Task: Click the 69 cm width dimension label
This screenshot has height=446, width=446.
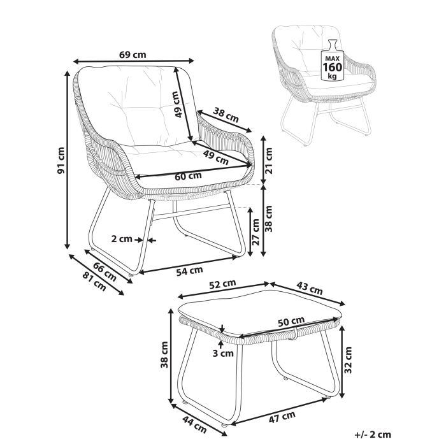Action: click(x=133, y=55)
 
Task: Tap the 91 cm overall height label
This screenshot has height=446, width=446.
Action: click(x=62, y=160)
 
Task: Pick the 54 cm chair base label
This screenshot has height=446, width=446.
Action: click(x=189, y=271)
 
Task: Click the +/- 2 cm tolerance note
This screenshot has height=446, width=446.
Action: click(x=372, y=435)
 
